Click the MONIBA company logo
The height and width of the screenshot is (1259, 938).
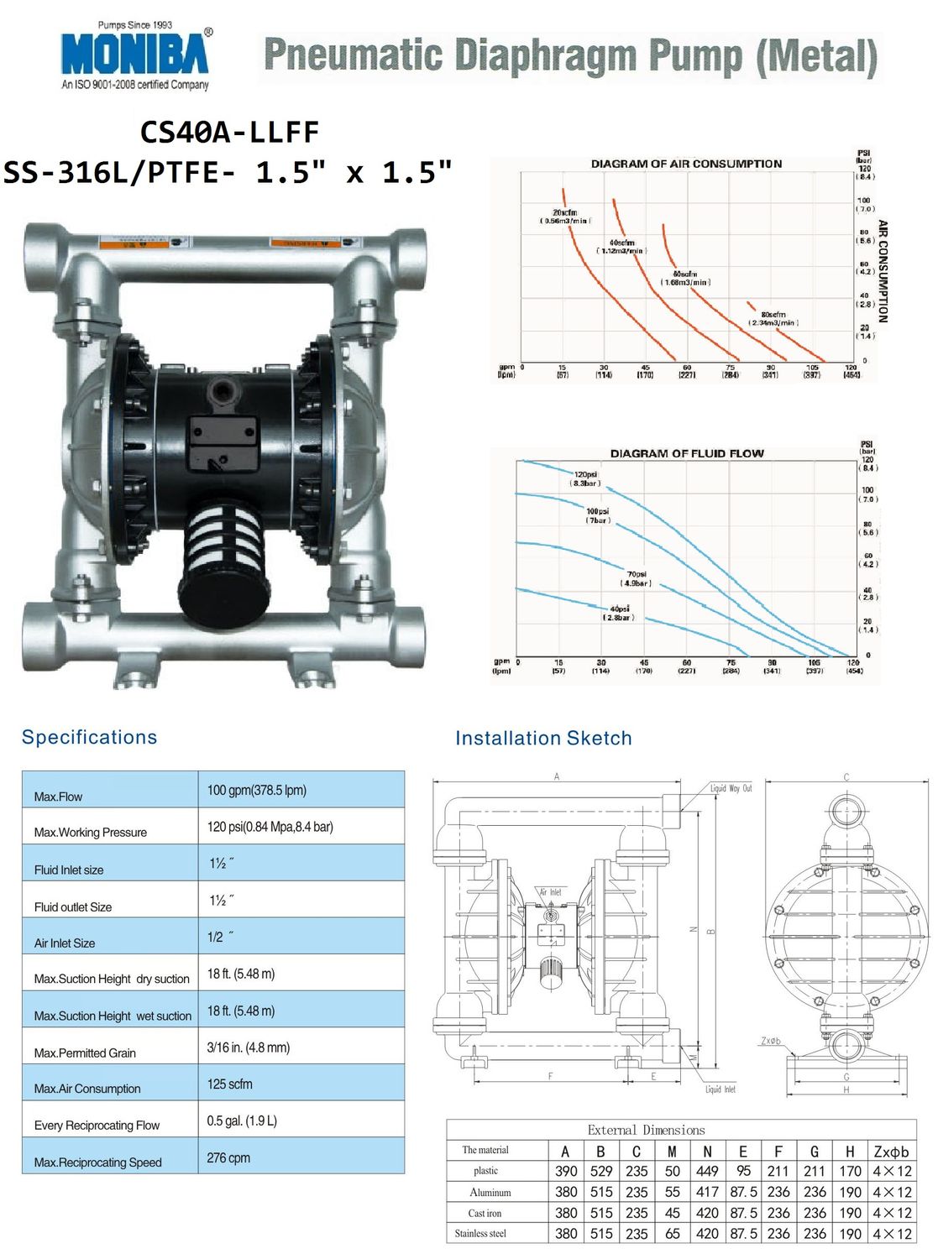pos(135,55)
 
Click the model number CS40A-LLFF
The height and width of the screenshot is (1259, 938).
pos(229,133)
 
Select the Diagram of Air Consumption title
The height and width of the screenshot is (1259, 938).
pos(686,164)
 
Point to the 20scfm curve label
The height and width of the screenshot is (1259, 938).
pos(564,217)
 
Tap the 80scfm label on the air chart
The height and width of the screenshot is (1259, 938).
pos(773,318)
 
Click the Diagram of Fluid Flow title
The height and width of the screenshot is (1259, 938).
pos(686,453)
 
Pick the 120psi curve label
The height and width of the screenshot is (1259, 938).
pos(585,478)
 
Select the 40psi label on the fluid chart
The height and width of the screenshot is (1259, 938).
pos(619,613)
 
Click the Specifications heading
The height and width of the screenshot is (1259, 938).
pos(89,737)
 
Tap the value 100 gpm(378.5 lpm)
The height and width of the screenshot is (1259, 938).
pos(256,790)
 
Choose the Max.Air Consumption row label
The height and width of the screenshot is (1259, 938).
pos(87,1089)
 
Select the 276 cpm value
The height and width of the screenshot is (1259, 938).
pos(228,1157)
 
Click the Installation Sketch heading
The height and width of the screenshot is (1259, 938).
pos(543,738)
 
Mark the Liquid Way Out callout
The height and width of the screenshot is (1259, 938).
pos(731,788)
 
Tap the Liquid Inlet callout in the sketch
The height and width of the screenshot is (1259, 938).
pos(720,1089)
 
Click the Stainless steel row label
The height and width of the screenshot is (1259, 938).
pos(480,1233)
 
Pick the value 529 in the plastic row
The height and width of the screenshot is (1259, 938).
pos(601,1171)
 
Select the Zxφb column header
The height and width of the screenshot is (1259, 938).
pos(891,1152)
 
